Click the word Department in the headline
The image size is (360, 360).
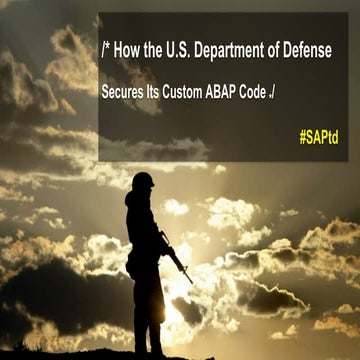[240, 51]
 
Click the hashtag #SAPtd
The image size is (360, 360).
[318, 134]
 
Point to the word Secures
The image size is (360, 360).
[126, 87]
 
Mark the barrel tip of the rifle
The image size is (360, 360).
[191, 282]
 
